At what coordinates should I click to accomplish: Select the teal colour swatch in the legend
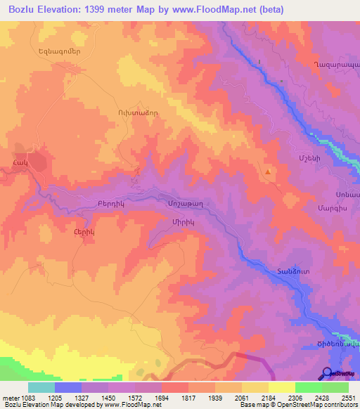click(41, 387)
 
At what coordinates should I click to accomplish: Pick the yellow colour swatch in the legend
click(282, 387)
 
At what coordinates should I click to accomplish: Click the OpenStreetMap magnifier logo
click(326, 373)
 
